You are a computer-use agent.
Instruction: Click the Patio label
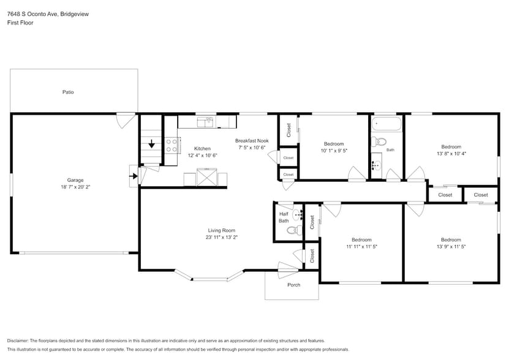(x=68, y=92)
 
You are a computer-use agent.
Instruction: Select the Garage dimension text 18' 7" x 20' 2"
(x=75, y=188)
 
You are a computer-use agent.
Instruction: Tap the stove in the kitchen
(x=172, y=145)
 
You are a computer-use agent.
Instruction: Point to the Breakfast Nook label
(x=252, y=140)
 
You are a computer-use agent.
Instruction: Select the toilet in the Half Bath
(x=292, y=231)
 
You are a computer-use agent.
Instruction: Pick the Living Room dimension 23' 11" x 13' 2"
(x=221, y=238)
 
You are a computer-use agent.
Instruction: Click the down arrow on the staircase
(x=151, y=145)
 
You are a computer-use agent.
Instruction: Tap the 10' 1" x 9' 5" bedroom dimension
(x=334, y=151)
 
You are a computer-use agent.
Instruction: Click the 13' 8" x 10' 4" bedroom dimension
(x=451, y=154)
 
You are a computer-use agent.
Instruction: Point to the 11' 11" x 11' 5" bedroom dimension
(x=361, y=247)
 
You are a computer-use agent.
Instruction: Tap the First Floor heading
(x=20, y=23)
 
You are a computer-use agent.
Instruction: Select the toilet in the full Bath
(x=379, y=142)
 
